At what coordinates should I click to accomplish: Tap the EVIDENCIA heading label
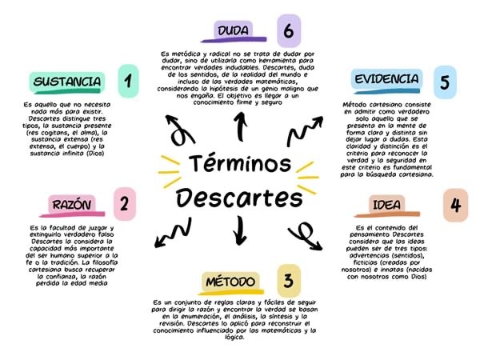[x=386, y=80]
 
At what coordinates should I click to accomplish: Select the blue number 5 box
[x=442, y=82]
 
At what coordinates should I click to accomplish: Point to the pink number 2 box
[x=123, y=204]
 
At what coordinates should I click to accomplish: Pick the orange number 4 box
[x=454, y=204]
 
